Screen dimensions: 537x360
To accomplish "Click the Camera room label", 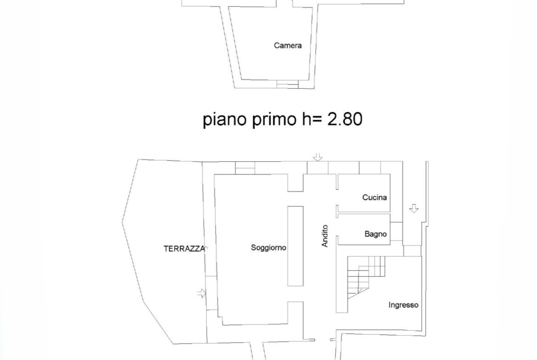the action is coord(288,45).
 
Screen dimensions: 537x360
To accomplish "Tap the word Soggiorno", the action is coord(268,248).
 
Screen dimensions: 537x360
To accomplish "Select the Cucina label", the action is coord(375,198).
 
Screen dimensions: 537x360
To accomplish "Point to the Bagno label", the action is coord(376,234).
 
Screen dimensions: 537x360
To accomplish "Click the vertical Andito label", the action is coord(325,236).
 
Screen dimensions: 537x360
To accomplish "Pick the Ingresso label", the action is coord(403,305).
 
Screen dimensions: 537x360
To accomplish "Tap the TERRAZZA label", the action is coord(184,249).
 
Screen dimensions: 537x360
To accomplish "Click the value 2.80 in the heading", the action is coord(345,119).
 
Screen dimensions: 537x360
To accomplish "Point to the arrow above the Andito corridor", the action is coord(318,157).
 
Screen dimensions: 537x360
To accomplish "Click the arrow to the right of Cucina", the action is coord(414,209).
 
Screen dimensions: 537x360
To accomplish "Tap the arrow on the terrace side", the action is coord(202,293).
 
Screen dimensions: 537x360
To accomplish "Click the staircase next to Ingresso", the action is coord(366,277).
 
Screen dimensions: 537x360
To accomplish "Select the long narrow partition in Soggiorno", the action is coord(295,246).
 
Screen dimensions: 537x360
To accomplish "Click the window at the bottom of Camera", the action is coord(288,84).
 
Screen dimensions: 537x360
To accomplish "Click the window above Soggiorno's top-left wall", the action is coord(245,168).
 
